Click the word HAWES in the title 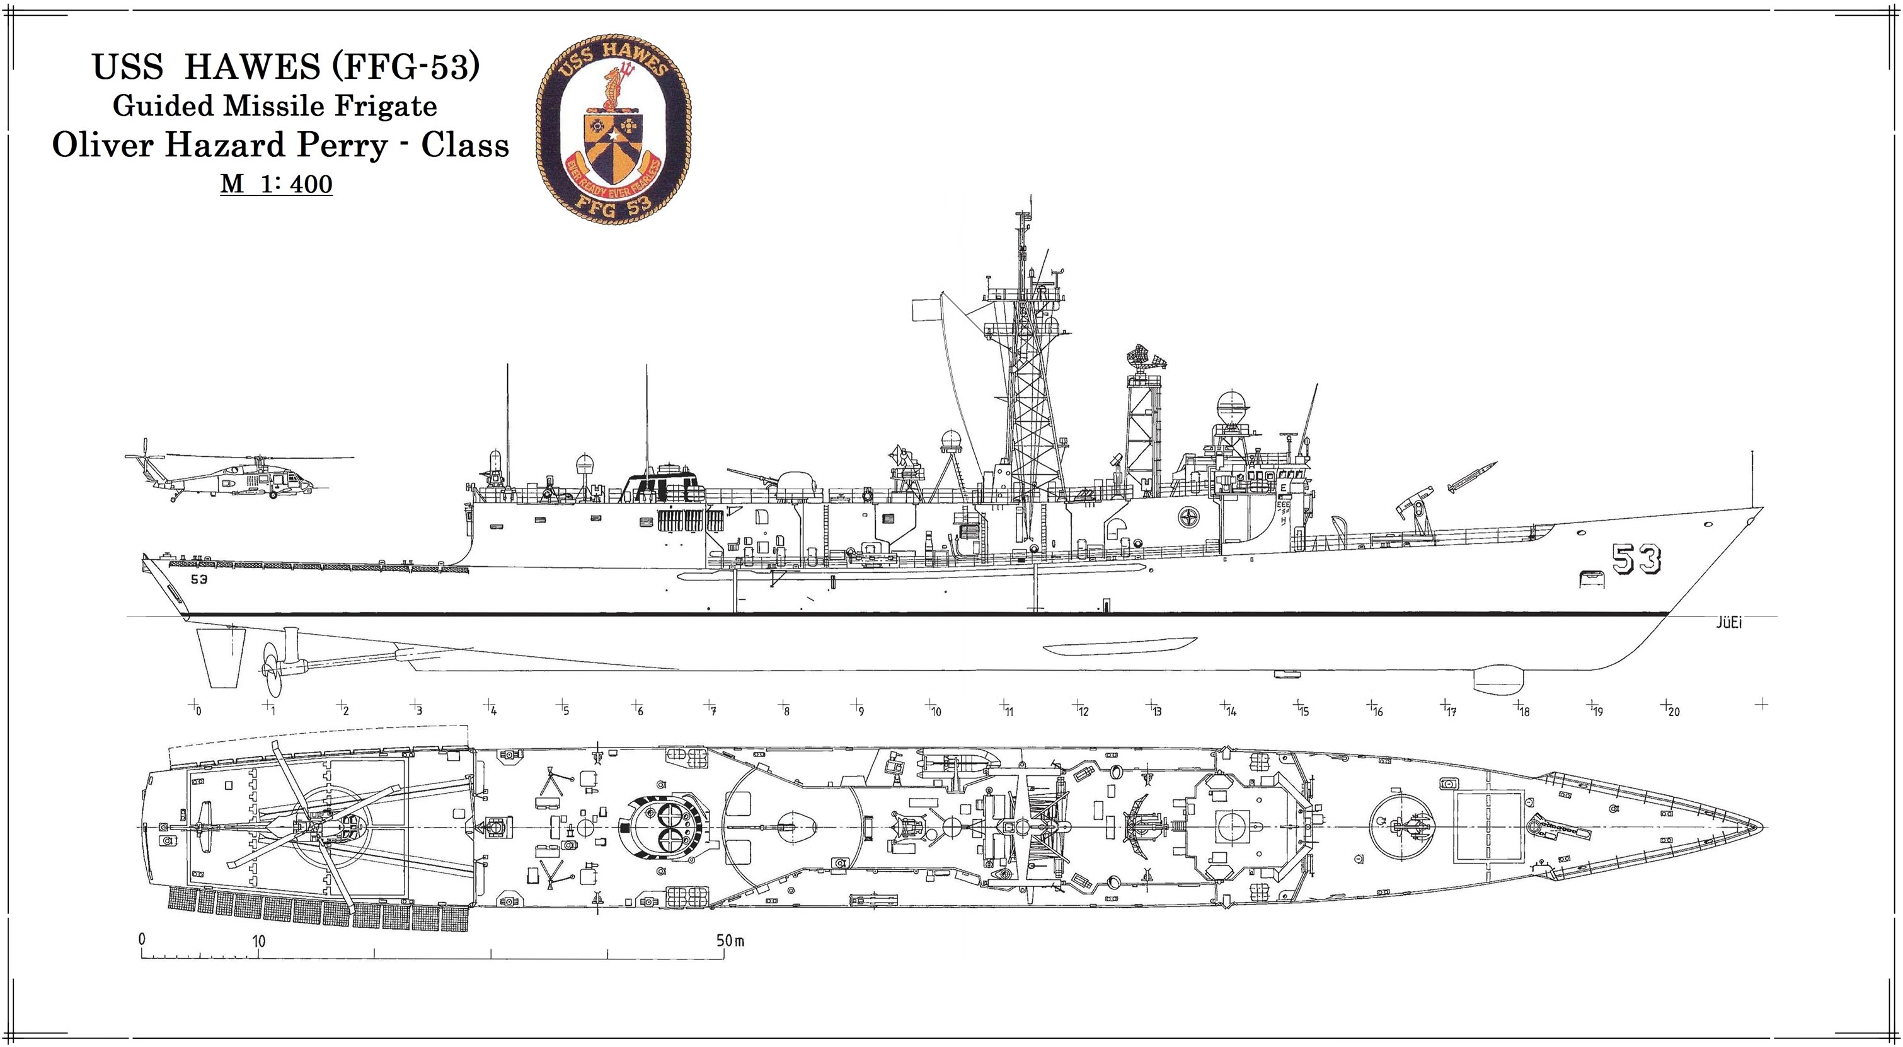[x=252, y=67]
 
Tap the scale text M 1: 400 [x=276, y=183]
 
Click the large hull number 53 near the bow [x=1636, y=559]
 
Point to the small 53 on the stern [x=198, y=579]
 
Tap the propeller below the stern [x=271, y=669]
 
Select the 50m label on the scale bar [x=729, y=940]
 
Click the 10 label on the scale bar [x=258, y=941]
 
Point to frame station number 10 [x=936, y=712]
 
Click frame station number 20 [x=1673, y=712]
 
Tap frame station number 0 [x=198, y=712]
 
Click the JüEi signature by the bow [x=1728, y=623]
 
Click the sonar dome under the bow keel [x=1492, y=678]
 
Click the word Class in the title [x=464, y=146]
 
